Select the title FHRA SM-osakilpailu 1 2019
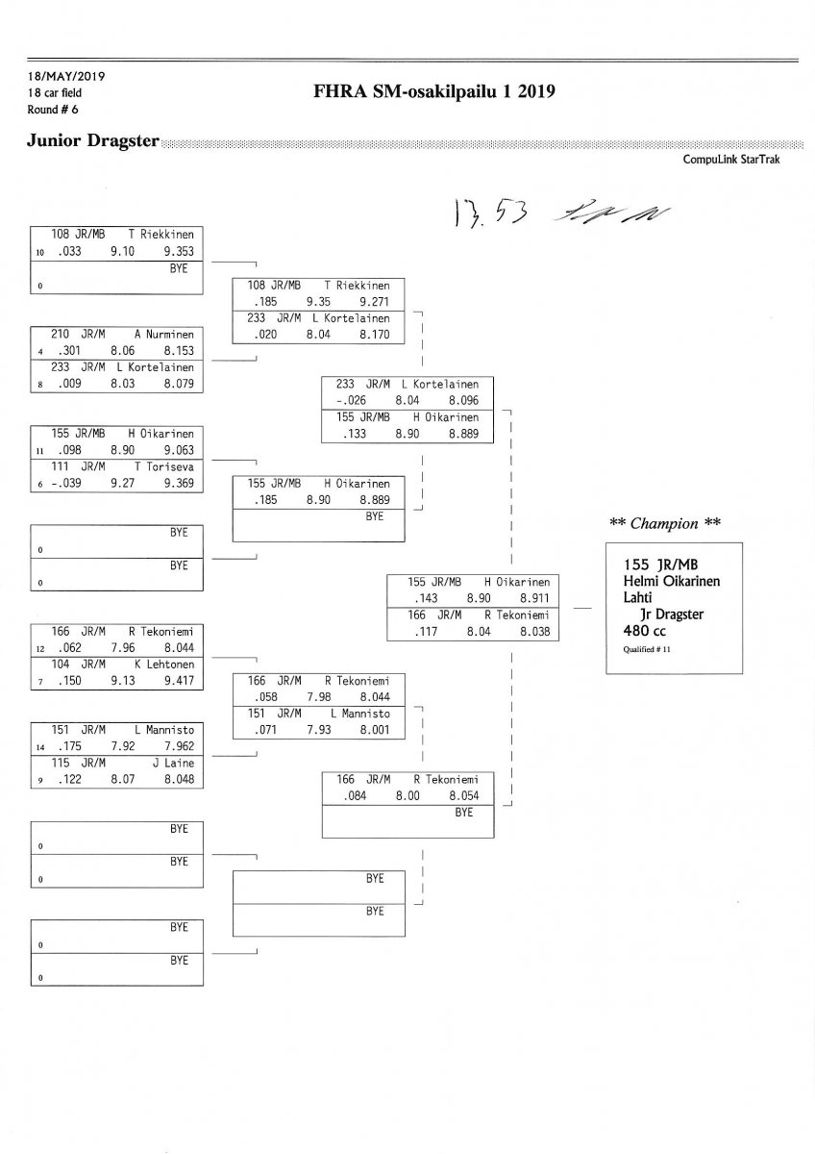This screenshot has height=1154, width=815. (x=434, y=92)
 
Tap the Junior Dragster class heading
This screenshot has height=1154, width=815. (x=94, y=140)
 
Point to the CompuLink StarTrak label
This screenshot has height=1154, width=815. (x=731, y=160)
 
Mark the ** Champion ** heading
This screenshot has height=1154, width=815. (x=665, y=523)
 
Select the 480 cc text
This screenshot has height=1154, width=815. (x=651, y=630)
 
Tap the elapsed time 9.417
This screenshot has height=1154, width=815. (x=179, y=682)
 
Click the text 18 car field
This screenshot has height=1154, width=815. (x=55, y=92)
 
